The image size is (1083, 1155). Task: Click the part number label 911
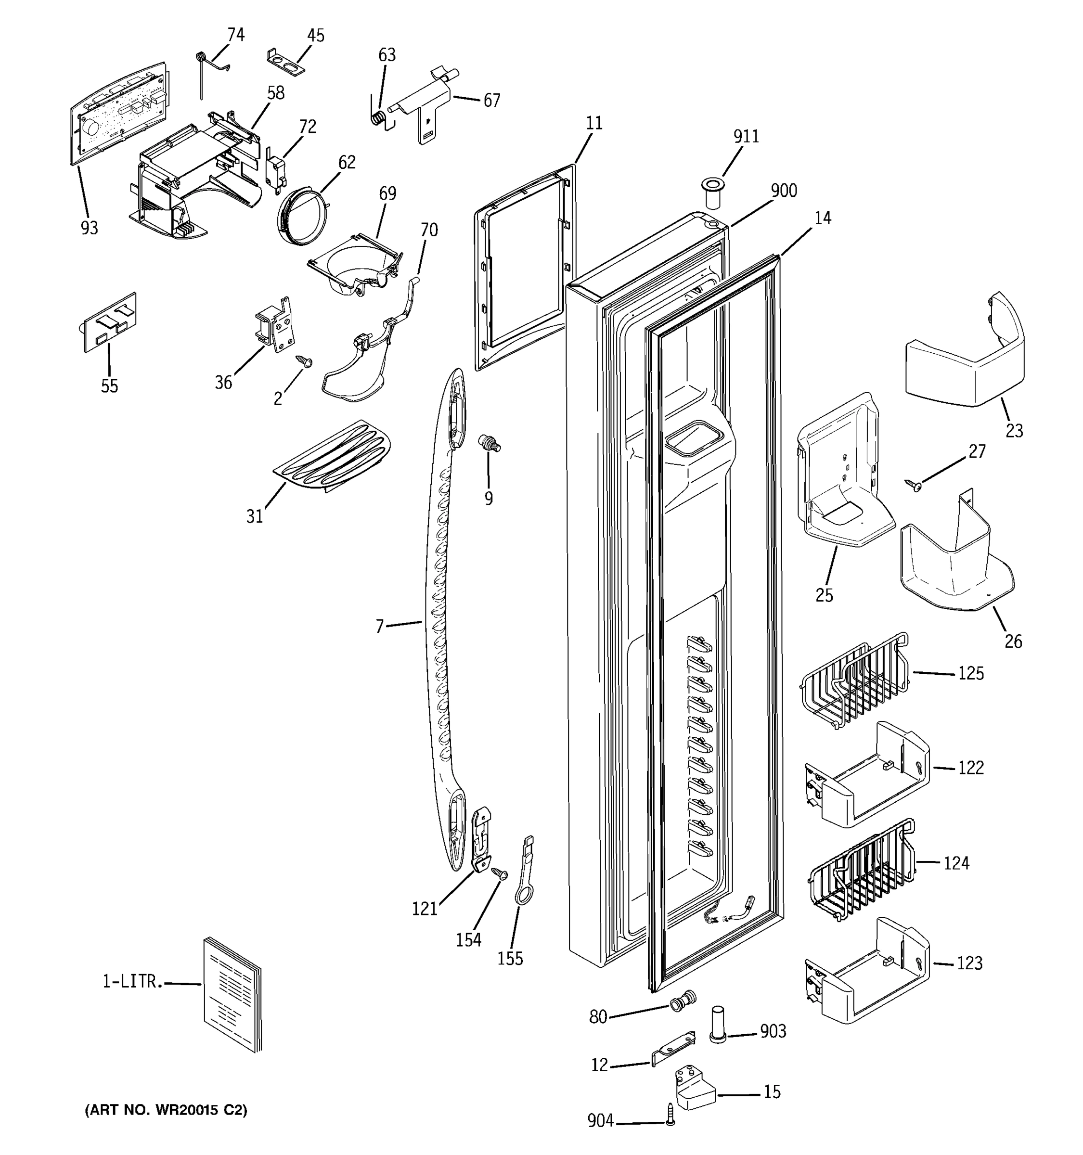[746, 137]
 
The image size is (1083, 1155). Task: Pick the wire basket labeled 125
[854, 680]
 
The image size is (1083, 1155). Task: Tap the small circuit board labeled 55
[109, 322]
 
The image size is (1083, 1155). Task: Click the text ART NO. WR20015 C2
[166, 1110]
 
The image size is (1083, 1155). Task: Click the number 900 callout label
[783, 191]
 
